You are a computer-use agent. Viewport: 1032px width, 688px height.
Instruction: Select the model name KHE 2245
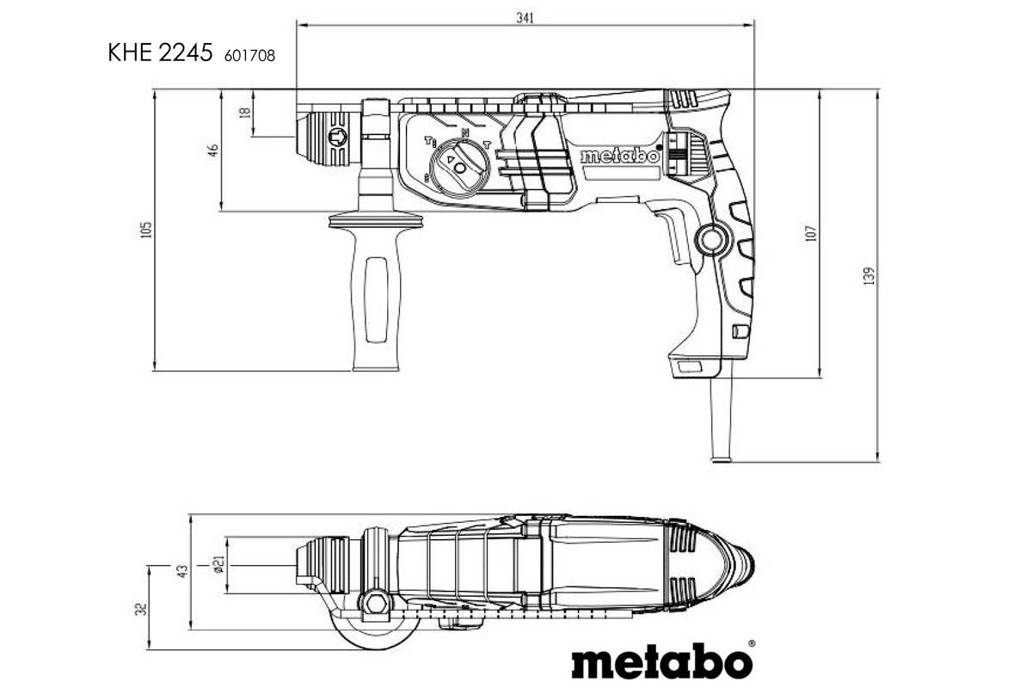pos(160,53)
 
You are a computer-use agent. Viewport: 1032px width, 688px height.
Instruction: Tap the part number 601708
pos(249,56)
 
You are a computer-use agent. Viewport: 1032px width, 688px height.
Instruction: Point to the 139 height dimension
pos(869,276)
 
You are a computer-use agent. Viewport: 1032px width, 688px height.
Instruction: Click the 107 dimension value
pos(810,233)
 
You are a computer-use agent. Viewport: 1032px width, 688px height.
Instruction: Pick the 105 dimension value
pos(146,230)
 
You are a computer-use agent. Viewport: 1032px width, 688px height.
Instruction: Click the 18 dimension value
pos(245,113)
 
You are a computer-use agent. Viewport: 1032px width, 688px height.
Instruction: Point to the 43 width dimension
pos(181,570)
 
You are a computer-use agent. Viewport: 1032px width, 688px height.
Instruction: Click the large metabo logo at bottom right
pos(662,662)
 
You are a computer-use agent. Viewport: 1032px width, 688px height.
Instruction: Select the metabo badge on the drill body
pos(619,157)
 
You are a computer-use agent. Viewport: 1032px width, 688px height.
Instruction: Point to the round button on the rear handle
pos(710,239)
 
